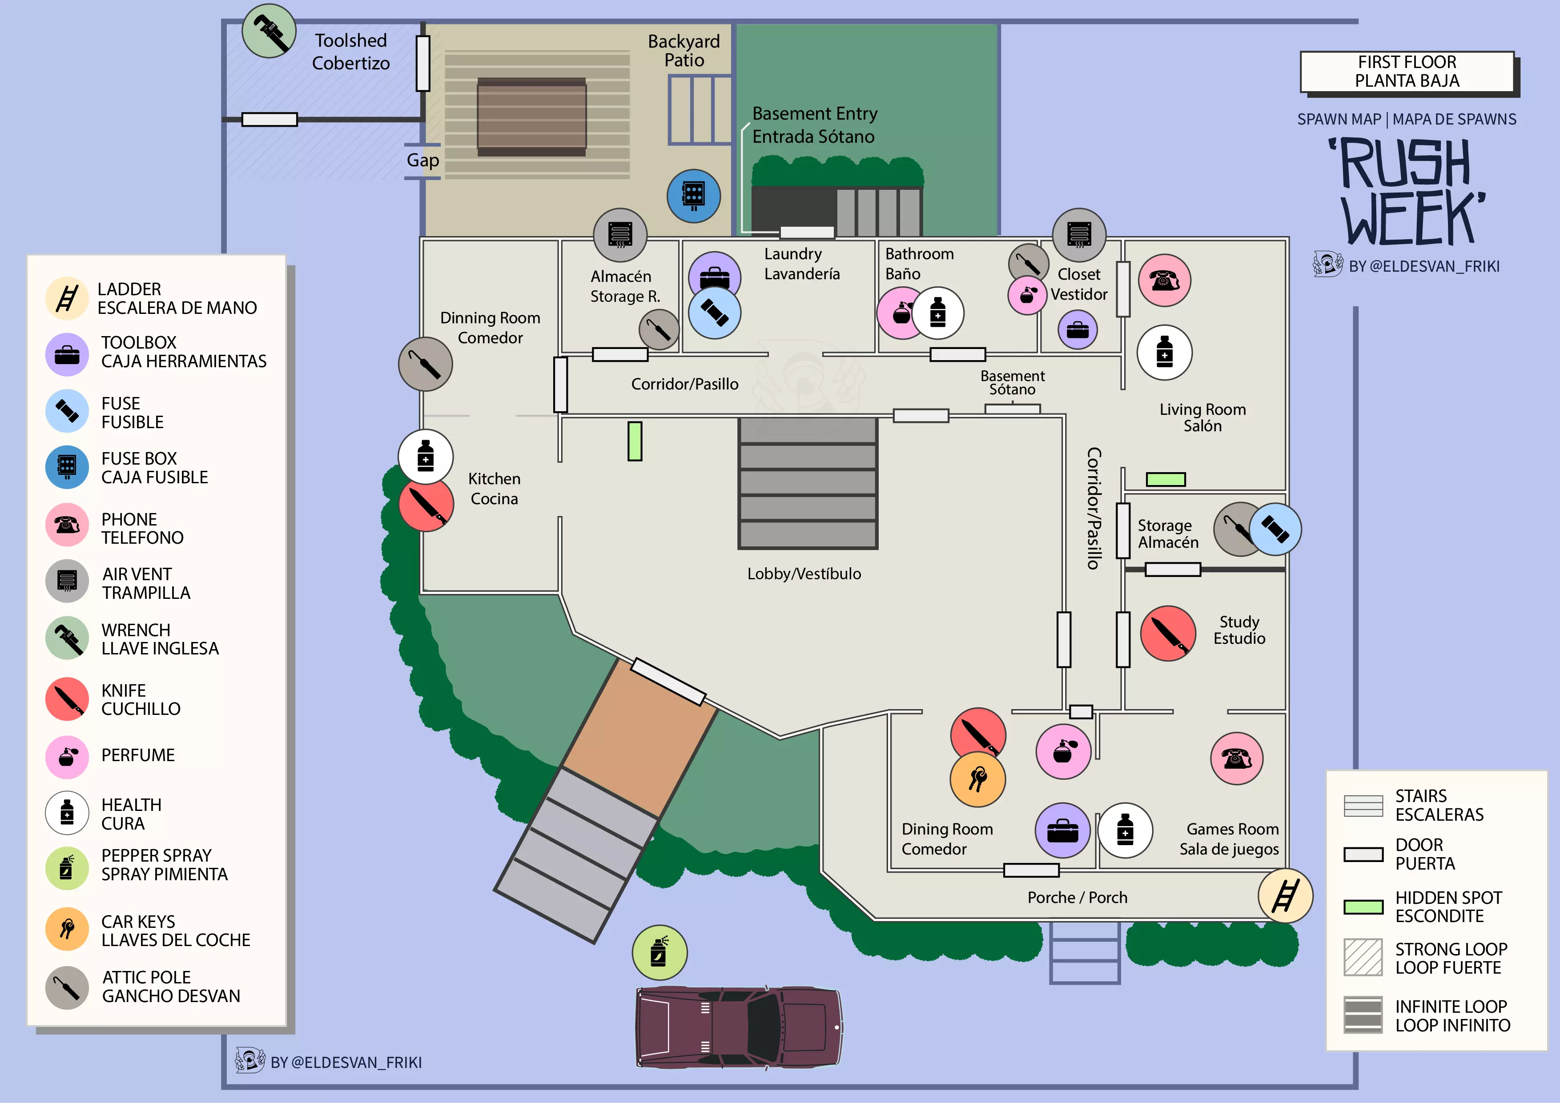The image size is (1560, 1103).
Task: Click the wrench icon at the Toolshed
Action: tap(269, 31)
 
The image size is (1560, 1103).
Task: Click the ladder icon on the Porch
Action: tap(1284, 895)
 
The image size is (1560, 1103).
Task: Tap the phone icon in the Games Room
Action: tap(1236, 758)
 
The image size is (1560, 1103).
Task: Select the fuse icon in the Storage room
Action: tap(1275, 529)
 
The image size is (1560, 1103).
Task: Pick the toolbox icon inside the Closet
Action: tap(1077, 330)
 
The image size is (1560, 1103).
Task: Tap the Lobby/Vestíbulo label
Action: tap(804, 574)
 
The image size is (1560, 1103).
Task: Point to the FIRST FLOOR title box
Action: tap(1407, 71)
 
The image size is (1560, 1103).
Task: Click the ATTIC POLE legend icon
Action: tap(67, 987)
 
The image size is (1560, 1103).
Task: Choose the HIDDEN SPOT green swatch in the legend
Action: tap(1363, 906)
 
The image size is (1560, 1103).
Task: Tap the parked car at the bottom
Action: tap(739, 1027)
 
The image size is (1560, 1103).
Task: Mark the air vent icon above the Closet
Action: tap(1078, 235)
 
